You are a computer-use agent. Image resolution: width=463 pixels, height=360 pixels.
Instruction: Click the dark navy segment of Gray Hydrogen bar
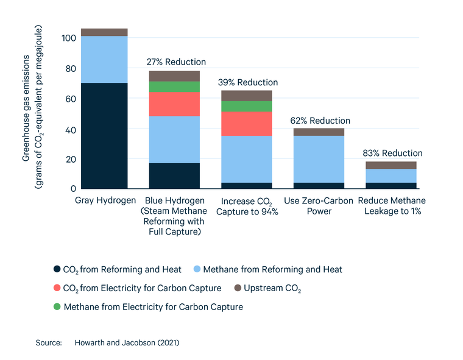tap(104, 136)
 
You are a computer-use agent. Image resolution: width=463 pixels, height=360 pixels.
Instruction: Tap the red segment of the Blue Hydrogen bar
tap(174, 104)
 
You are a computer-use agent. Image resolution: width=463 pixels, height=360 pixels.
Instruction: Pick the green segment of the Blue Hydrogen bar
tap(174, 86)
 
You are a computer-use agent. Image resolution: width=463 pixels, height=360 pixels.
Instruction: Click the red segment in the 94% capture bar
tap(246, 124)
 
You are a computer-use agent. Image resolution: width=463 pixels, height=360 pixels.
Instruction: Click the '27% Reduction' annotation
tap(177, 62)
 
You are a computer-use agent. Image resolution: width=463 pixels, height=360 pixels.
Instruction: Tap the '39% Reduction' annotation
tap(249, 82)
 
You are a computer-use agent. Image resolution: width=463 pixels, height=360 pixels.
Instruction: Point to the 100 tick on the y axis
tap(68, 38)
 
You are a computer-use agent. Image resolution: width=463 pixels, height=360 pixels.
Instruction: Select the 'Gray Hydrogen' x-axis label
tap(104, 200)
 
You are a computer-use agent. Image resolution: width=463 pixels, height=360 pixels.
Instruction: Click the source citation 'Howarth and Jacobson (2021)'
tap(127, 343)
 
